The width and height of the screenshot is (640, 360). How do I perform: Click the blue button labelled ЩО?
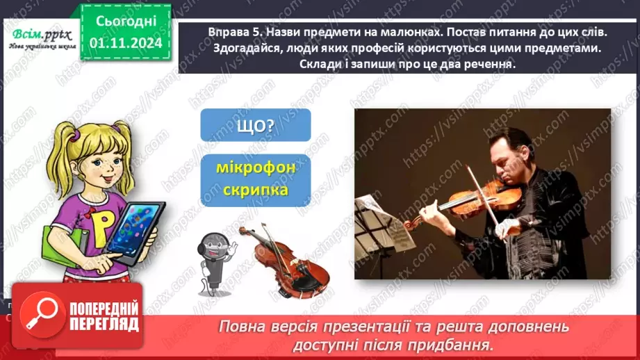255,125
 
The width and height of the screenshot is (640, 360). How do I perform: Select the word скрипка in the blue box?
255,190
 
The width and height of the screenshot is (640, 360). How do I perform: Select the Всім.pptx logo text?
40,35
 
